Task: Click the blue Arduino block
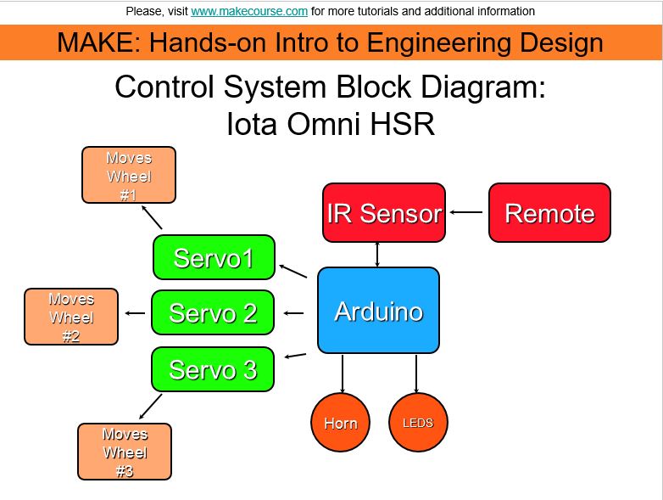pyautogui.click(x=378, y=311)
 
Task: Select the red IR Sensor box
pyautogui.click(x=384, y=213)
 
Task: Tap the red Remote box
pyautogui.click(x=549, y=213)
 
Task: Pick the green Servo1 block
pyautogui.click(x=214, y=257)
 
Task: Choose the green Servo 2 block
pyautogui.click(x=213, y=313)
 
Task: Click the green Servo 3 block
pyautogui.click(x=213, y=369)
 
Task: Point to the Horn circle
pyautogui.click(x=341, y=422)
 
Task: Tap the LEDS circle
pyautogui.click(x=418, y=422)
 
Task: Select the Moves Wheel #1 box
pyautogui.click(x=129, y=175)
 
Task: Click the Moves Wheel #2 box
pyautogui.click(x=71, y=317)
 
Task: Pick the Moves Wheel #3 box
pyautogui.click(x=125, y=452)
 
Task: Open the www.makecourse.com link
pyautogui.click(x=249, y=12)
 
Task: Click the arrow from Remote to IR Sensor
pyautogui.click(x=465, y=212)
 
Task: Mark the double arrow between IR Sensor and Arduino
pyautogui.click(x=377, y=255)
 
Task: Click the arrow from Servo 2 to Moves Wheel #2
pyautogui.click(x=135, y=314)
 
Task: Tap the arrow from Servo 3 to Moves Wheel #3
pyautogui.click(x=150, y=405)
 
